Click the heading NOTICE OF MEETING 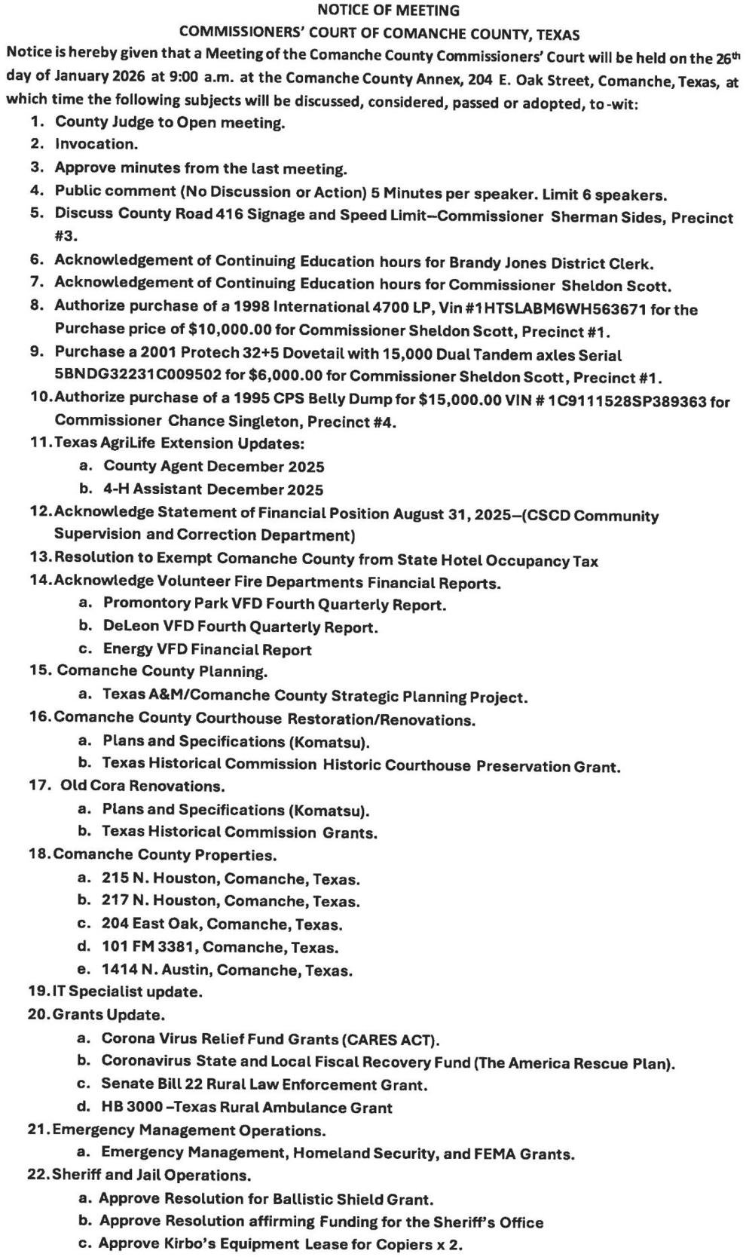tap(388, 11)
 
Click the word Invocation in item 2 tap(96, 144)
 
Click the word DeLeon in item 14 tap(127, 627)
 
